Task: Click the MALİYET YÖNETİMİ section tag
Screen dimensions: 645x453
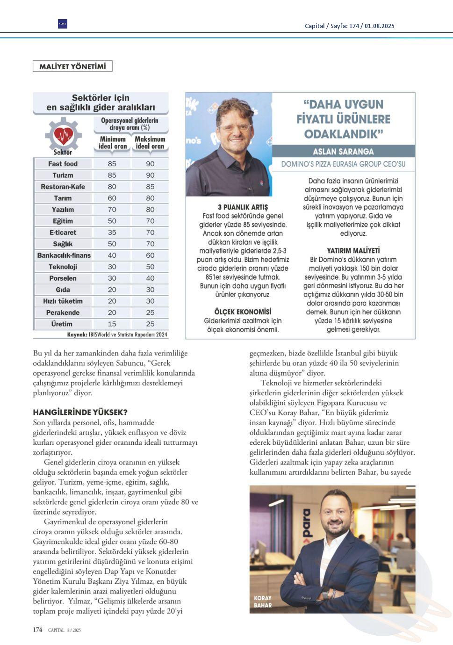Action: (x=72, y=66)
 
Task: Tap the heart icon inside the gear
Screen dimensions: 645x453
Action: (x=64, y=136)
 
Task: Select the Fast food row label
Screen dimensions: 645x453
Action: (x=63, y=164)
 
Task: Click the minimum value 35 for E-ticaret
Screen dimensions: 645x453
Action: (x=112, y=232)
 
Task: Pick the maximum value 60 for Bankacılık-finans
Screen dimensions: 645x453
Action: (x=150, y=255)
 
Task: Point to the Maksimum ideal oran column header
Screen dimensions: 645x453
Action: (x=150, y=143)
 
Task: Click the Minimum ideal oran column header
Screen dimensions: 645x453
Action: (x=113, y=143)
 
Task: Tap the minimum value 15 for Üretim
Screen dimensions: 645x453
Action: (x=112, y=324)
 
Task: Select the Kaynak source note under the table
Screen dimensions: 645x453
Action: (x=117, y=335)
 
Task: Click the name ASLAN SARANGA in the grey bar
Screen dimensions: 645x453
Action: (x=343, y=152)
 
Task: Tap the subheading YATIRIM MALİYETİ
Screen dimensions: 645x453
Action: (x=353, y=251)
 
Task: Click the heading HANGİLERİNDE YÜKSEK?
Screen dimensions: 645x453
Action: (x=80, y=412)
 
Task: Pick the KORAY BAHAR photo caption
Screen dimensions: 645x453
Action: (x=263, y=602)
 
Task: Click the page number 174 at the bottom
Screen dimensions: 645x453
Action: (x=37, y=630)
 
